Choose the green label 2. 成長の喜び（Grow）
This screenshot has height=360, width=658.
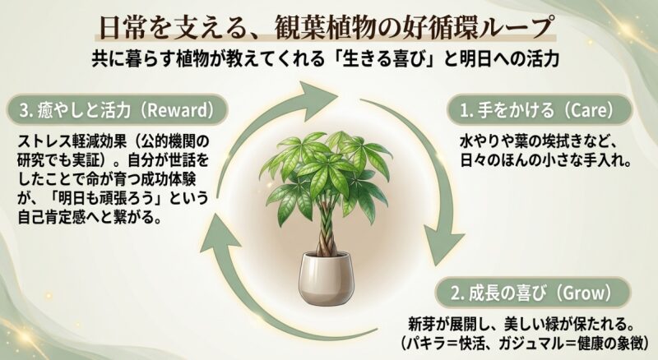coord(527,293)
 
